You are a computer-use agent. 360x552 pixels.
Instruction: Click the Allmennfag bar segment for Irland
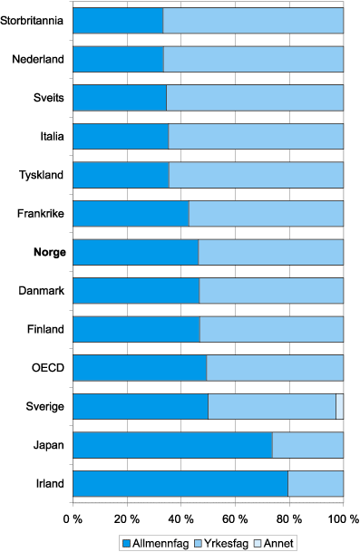(180, 483)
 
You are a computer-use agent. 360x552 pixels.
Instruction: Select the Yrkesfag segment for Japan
(307, 445)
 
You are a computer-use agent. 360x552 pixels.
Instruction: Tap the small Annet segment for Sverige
(339, 406)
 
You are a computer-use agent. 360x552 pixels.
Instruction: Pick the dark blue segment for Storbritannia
(118, 20)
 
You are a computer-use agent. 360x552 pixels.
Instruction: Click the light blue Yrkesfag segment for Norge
(270, 252)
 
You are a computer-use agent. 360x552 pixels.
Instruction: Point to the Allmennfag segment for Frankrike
(131, 213)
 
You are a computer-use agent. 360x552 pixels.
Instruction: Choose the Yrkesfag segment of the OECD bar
(275, 368)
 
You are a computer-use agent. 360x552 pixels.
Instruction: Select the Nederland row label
(38, 59)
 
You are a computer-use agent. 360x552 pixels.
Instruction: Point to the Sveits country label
(48, 98)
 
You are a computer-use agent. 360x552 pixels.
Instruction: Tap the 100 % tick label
(342, 519)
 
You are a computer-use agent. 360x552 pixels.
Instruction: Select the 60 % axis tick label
(234, 519)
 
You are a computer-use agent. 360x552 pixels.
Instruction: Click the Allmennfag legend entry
(153, 542)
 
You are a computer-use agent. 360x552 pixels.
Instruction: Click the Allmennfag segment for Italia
(121, 136)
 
